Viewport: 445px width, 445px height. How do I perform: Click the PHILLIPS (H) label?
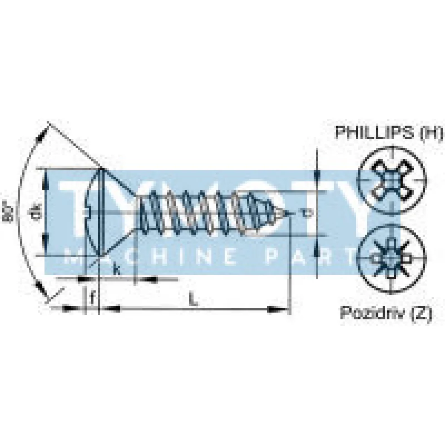(389, 133)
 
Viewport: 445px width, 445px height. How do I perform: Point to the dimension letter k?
(116, 270)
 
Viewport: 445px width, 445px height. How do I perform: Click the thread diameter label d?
(304, 212)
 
